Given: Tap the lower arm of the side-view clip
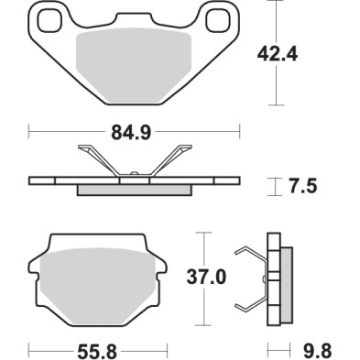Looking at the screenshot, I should pos(248,307).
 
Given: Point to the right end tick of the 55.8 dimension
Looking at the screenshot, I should pos(170,349).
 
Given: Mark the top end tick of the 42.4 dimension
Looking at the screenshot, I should pos(277,3).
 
